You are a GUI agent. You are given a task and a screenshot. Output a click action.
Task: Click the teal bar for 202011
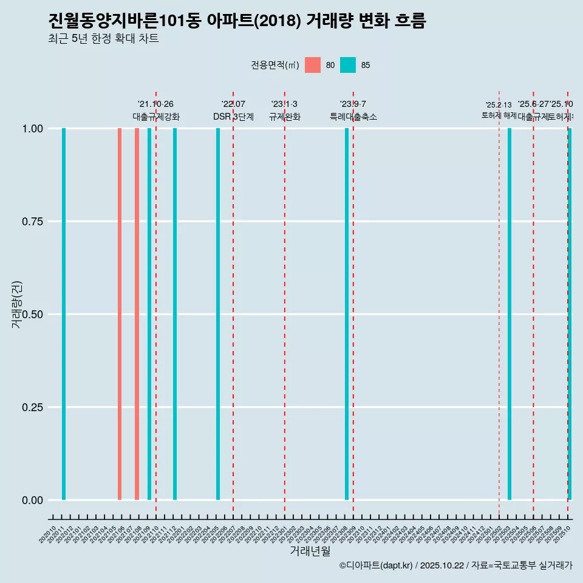[64, 314]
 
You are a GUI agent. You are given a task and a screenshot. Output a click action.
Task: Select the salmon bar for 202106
[120, 314]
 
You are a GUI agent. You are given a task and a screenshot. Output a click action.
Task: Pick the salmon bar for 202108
[137, 314]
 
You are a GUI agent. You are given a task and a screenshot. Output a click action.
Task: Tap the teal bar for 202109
[149, 314]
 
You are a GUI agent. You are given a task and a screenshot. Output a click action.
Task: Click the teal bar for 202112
[175, 314]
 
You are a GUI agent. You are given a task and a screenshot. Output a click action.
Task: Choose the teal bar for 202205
[218, 314]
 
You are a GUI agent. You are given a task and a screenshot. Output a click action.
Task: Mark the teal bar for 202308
[347, 314]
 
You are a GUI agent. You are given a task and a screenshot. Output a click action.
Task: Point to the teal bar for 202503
[510, 314]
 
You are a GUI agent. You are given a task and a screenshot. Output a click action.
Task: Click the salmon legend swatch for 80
[313, 65]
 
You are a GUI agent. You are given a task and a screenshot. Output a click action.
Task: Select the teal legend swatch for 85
[348, 65]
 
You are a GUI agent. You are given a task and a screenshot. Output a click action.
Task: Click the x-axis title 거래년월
[310, 551]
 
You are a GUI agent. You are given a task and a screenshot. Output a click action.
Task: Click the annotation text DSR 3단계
[233, 117]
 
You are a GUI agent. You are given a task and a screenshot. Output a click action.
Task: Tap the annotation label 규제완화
[285, 117]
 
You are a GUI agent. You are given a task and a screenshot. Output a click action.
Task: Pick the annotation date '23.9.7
[353, 104]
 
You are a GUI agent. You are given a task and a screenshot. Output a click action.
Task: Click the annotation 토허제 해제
[499, 115]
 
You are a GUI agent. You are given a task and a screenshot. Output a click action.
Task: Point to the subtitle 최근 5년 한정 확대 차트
[103, 39]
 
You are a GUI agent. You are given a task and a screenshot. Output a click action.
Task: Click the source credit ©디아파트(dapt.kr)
[377, 565]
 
